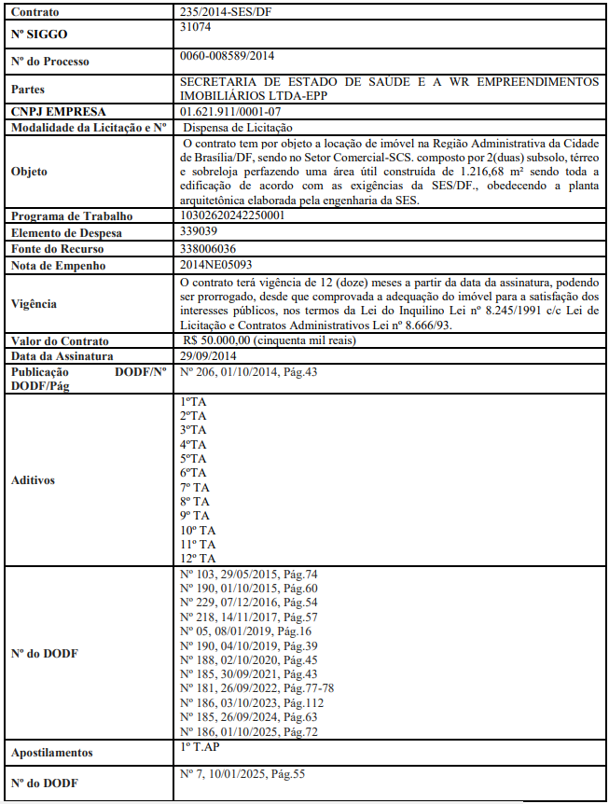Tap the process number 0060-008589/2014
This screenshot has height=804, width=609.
(227, 57)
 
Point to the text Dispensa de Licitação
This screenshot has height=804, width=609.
(238, 127)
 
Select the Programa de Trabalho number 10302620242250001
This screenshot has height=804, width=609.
(232, 215)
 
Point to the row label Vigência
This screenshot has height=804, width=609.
(35, 303)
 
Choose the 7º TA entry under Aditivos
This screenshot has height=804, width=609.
(195, 487)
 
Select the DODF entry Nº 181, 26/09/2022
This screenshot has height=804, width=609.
(256, 687)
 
